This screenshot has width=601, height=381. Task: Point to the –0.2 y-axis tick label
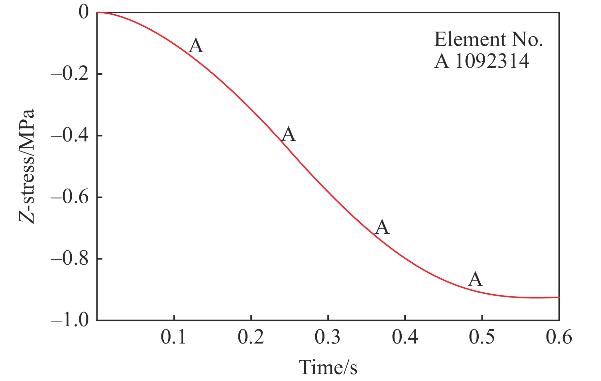click(70, 74)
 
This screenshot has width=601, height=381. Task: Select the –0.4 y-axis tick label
click(70, 136)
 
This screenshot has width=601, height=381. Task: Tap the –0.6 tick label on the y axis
click(70, 198)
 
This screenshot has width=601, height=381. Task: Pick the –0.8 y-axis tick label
click(70, 259)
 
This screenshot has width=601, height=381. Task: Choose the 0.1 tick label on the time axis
click(174, 337)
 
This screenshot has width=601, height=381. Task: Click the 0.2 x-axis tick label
click(251, 337)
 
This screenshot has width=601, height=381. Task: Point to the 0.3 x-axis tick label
click(328, 337)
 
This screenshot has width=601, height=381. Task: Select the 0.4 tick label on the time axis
click(405, 337)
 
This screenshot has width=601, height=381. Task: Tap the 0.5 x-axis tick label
click(482, 337)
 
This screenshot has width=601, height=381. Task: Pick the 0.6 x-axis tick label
click(559, 337)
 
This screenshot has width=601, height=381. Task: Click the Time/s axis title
click(328, 367)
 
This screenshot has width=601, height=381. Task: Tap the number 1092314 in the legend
click(492, 61)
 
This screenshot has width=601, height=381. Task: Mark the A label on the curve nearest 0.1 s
click(196, 46)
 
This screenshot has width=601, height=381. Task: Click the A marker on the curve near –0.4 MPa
click(289, 134)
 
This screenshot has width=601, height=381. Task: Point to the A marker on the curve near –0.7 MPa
click(382, 227)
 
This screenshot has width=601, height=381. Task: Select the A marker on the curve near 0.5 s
click(475, 279)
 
